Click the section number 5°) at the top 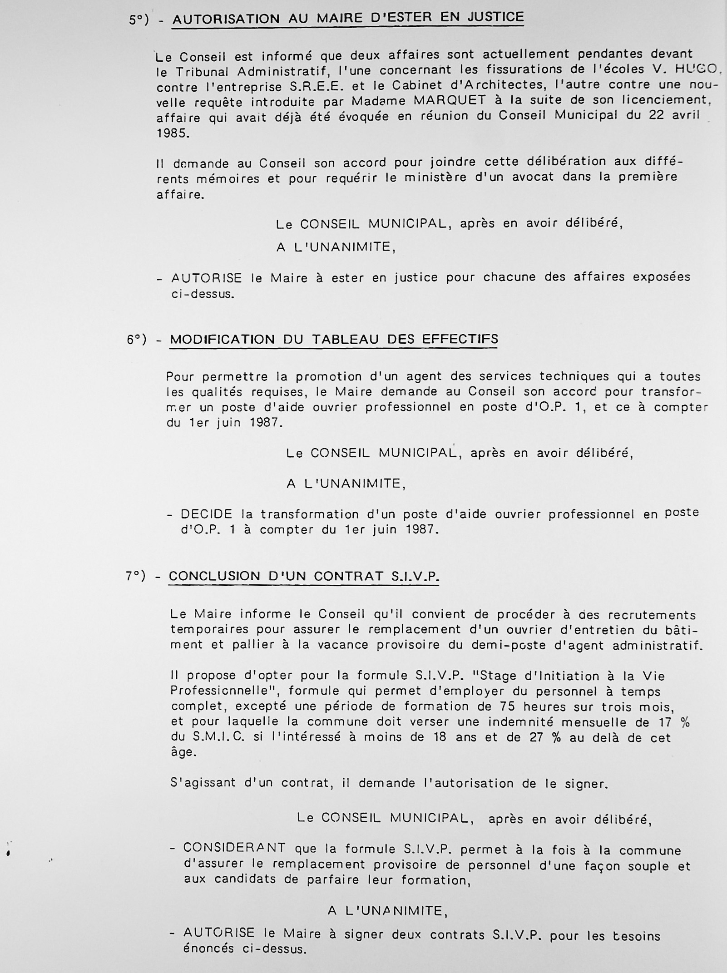click(138, 20)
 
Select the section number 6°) click(137, 340)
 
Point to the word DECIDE click(207, 514)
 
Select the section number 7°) click(136, 576)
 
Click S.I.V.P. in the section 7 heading click(415, 577)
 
